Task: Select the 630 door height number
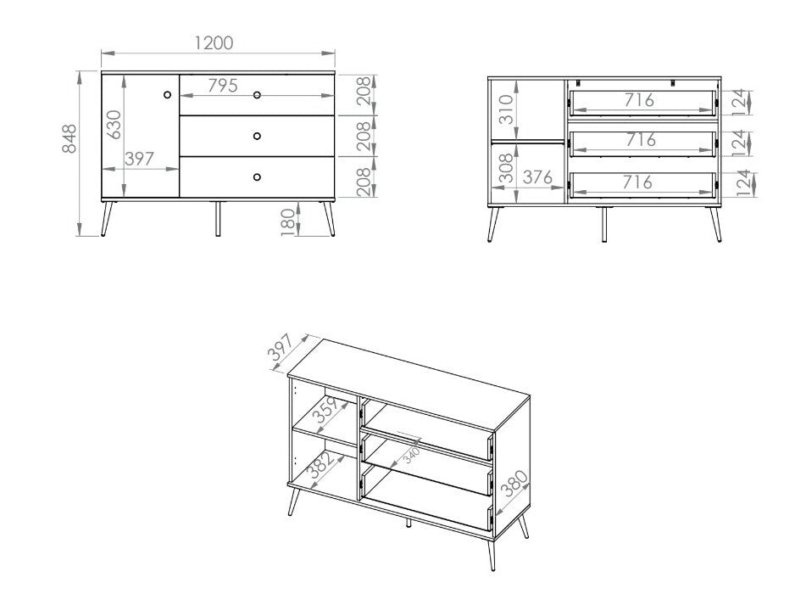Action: coord(114,124)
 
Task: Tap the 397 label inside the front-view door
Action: coord(140,158)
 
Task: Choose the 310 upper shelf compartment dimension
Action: coord(506,109)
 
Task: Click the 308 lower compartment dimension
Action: coord(506,169)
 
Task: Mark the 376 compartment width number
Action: coord(536,178)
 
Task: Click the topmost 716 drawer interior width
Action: coord(638,99)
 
